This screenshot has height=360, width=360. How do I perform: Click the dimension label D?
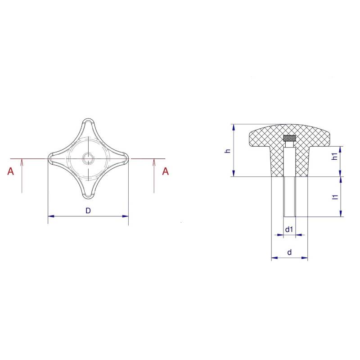(88, 210)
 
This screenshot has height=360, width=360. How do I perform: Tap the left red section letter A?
(10, 171)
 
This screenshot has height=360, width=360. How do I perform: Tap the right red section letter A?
(165, 171)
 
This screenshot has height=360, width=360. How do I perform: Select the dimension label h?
(228, 151)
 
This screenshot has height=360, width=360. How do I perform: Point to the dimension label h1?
(335, 156)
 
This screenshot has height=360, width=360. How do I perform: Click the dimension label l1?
(335, 197)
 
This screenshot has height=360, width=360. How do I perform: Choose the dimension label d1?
(289, 229)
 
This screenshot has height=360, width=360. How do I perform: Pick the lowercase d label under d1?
(289, 252)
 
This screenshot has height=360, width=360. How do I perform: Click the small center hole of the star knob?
(88, 158)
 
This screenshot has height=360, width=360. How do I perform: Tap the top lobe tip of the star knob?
(88, 119)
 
